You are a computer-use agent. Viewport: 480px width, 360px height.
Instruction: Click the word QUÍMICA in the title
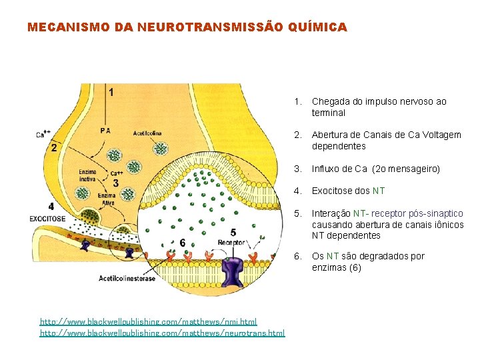(319, 27)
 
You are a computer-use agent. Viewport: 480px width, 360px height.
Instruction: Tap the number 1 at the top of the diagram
(110, 92)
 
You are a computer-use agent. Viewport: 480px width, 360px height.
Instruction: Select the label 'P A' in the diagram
(105, 131)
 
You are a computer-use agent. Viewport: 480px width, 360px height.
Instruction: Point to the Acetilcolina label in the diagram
(147, 133)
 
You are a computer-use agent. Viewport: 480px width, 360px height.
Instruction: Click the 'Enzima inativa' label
(87, 175)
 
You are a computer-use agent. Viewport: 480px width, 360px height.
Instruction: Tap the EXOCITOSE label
(47, 219)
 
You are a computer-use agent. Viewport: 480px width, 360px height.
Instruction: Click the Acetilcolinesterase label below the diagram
(127, 278)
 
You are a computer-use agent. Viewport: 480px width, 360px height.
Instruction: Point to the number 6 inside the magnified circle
(182, 242)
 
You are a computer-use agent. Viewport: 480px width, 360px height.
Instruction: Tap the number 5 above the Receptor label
(233, 233)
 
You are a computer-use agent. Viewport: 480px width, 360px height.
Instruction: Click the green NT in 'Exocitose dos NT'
(378, 191)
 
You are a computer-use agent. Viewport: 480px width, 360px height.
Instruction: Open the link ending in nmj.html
(148, 321)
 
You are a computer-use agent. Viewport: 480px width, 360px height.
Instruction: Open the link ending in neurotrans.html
(162, 332)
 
